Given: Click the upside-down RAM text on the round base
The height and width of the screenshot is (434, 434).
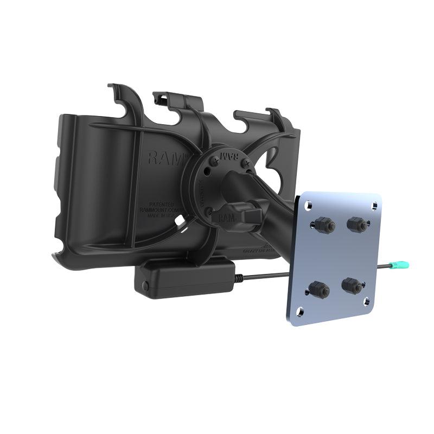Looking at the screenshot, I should coord(231,157).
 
